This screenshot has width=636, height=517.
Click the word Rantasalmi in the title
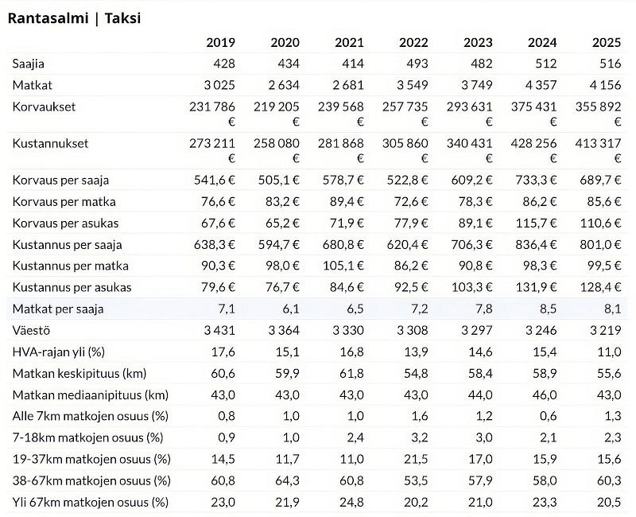[x=48, y=18]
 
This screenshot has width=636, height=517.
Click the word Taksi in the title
[x=122, y=18]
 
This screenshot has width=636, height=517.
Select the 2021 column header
[x=349, y=43]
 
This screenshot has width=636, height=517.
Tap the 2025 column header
[x=607, y=43]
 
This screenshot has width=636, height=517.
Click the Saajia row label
[x=29, y=64]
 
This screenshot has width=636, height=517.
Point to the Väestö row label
[x=31, y=330]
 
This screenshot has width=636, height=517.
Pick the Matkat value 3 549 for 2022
[x=412, y=85]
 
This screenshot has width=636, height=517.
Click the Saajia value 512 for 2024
[x=545, y=64]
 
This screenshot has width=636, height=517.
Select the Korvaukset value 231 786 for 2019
[x=212, y=107]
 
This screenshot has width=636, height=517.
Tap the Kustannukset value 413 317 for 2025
[x=598, y=143]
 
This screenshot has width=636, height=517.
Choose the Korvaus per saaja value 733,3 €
[x=536, y=180]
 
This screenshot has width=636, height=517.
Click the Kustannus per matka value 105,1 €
[x=343, y=266]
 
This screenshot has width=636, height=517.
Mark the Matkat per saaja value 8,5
[x=548, y=309]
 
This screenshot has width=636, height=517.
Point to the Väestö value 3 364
[x=284, y=330]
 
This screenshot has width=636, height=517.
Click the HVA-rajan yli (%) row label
[x=59, y=352]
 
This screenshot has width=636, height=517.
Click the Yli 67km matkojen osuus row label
[x=91, y=503]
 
